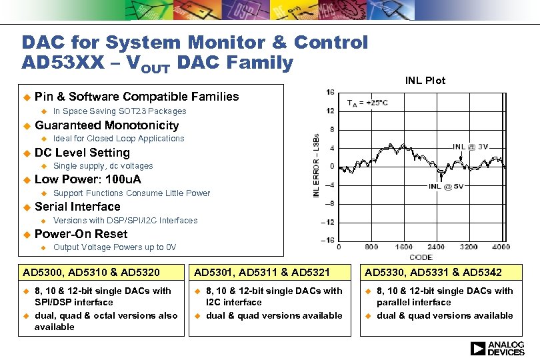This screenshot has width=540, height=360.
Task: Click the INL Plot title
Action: coord(425,81)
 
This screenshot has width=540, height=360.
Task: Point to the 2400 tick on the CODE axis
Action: coord(436,247)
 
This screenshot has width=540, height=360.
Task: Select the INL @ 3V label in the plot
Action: coord(471,147)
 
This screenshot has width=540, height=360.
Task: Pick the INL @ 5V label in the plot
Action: coord(445,187)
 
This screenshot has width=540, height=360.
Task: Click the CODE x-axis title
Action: coord(421,257)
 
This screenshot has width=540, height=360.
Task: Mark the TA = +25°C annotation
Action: coord(367,103)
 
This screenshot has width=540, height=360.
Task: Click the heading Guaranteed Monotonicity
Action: coord(107,125)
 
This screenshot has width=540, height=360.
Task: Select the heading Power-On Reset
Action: coord(81,234)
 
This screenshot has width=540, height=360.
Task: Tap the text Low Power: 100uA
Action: coord(87,179)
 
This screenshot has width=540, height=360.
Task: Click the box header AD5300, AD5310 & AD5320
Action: coord(91,273)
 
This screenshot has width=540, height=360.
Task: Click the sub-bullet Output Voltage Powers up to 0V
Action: coord(115,247)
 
